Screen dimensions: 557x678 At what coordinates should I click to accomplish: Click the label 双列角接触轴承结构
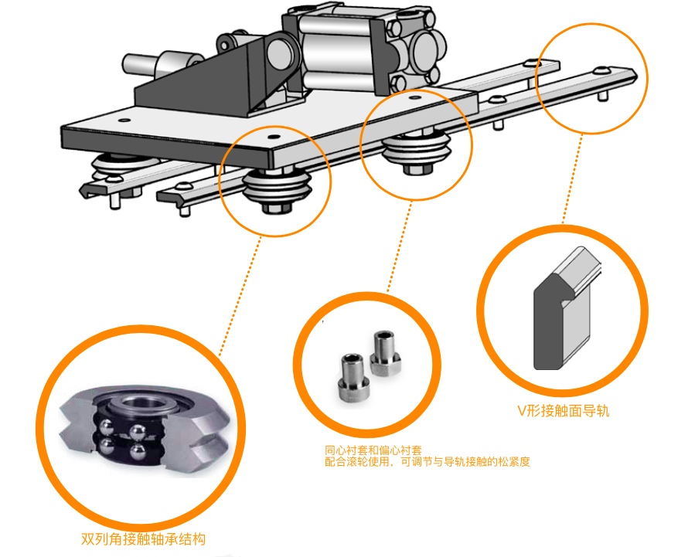(x=144, y=539)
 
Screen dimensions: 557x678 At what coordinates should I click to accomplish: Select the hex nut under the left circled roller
(x=274, y=207)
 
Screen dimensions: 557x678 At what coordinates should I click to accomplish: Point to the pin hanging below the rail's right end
(x=601, y=97)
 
